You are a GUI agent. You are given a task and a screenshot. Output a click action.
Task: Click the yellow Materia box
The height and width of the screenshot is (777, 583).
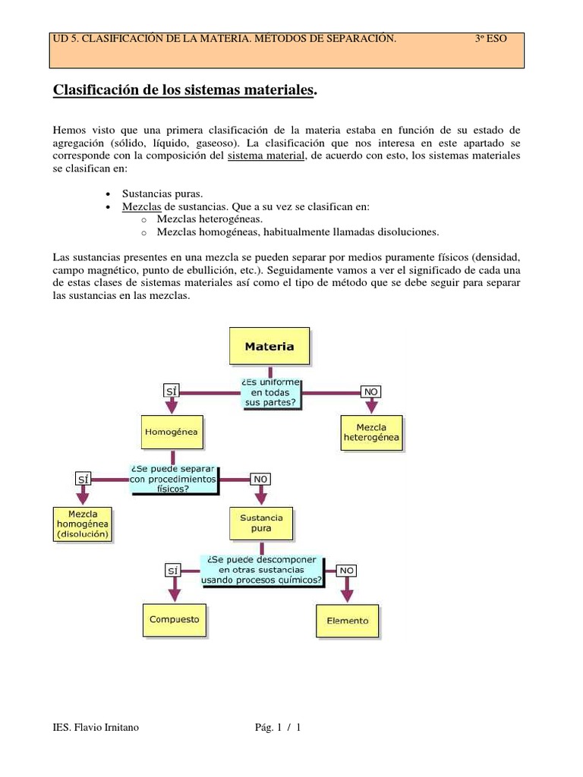[269, 346]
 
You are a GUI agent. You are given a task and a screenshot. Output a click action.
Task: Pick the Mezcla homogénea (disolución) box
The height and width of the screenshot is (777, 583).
[84, 524]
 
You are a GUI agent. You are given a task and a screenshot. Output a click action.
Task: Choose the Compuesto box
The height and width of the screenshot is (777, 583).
[175, 619]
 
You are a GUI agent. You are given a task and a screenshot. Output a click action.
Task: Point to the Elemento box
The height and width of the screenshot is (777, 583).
[347, 620]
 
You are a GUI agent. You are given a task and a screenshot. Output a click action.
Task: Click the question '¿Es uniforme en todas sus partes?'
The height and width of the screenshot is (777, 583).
[271, 392]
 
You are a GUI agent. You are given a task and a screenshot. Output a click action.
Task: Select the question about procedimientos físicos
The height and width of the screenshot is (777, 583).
[174, 479]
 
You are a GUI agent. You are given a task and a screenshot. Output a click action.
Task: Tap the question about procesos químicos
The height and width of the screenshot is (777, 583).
[261, 569]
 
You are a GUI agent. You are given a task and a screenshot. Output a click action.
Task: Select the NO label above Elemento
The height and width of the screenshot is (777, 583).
[347, 570]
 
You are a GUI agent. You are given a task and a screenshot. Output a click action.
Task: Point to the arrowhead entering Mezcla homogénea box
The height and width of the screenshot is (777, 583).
[84, 497]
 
